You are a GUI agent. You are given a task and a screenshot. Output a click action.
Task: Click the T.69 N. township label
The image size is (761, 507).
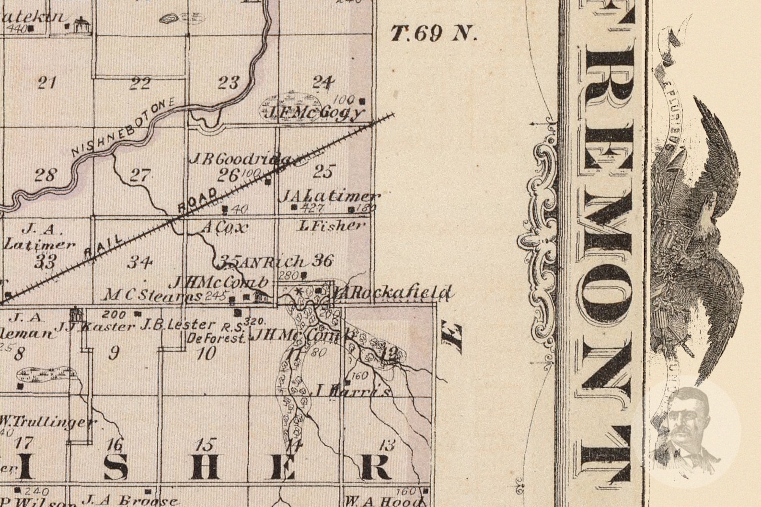pos(434,34)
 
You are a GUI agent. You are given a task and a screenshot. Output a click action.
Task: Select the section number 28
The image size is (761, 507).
pos(46,175)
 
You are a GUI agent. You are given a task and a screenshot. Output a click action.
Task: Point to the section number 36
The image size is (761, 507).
pos(322,261)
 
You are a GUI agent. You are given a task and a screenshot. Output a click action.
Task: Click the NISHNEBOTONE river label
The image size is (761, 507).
pos(124,128)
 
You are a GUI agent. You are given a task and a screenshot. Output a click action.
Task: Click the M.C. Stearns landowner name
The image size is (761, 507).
pos(152,295)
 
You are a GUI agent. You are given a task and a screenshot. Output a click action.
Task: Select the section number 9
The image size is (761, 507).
pos(114,353)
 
